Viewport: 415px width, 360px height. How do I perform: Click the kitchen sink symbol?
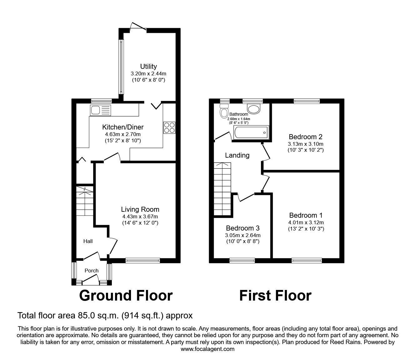[100, 110]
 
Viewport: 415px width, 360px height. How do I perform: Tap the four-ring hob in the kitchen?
[169, 128]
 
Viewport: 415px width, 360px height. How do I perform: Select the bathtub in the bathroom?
[251, 133]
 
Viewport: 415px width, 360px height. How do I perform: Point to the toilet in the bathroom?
[224, 112]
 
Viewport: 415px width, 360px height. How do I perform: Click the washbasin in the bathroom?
[253, 109]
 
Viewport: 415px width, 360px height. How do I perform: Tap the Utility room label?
[148, 66]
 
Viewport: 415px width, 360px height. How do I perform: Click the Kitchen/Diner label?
[123, 127]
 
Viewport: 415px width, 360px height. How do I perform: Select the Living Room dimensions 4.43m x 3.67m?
[140, 216]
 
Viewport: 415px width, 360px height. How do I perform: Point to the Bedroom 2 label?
[305, 137]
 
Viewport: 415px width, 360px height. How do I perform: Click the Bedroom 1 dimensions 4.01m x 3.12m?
[306, 222]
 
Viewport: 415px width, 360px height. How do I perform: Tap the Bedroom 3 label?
[242, 228]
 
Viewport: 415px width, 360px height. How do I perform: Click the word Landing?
[237, 155]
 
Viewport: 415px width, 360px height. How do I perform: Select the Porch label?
[92, 271]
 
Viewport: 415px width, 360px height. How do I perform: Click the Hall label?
[88, 241]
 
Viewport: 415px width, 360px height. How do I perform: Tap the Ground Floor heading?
[126, 296]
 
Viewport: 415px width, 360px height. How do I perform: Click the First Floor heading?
[275, 296]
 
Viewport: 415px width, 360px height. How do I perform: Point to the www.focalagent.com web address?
[207, 349]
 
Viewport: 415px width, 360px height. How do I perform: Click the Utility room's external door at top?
[138, 28]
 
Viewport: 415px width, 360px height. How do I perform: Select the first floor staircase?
[222, 189]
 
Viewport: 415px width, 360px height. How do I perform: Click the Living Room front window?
[142, 260]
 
